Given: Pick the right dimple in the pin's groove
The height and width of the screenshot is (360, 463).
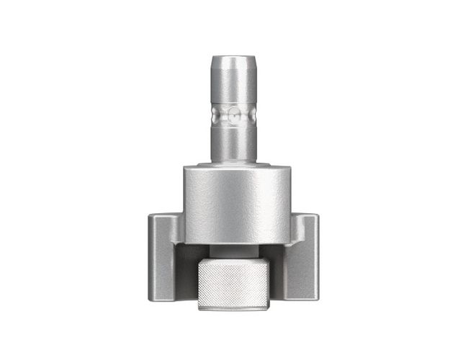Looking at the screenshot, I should (x=250, y=114).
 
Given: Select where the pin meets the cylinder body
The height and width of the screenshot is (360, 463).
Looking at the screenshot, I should (x=233, y=161).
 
